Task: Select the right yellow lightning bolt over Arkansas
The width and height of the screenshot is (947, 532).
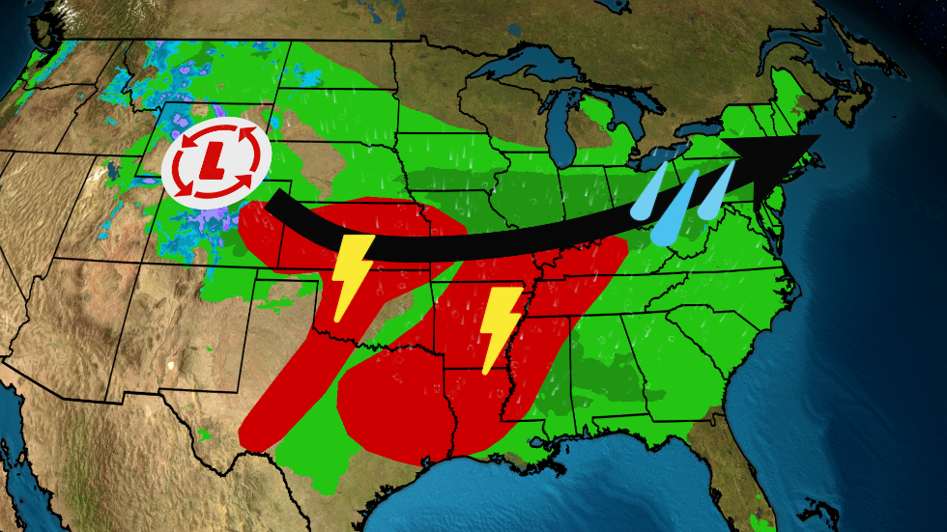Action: click(499, 326)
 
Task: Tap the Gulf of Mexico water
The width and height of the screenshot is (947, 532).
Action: click(580, 492)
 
